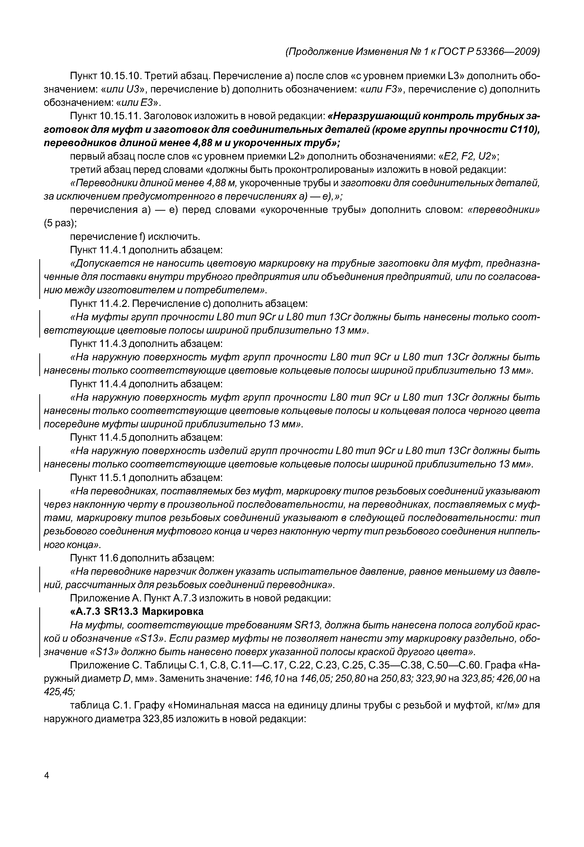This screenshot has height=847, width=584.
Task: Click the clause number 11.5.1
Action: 113,478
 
